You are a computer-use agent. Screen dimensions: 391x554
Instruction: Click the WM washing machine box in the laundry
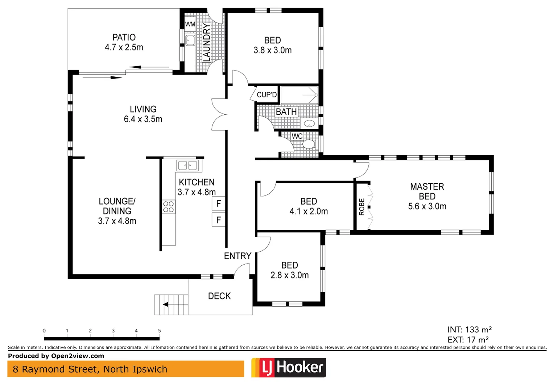coord(190,24)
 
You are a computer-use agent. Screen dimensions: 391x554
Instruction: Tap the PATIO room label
coord(124,37)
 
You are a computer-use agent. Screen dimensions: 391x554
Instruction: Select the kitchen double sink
coord(188,166)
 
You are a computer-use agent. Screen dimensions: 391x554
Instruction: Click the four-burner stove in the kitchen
coord(168,207)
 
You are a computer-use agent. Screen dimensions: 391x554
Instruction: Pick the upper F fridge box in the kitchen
coord(218,203)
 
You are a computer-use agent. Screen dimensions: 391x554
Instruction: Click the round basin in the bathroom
coord(309,124)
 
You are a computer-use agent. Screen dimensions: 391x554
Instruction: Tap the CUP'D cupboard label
coord(266,95)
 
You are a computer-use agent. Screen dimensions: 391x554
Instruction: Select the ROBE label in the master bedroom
coord(361,207)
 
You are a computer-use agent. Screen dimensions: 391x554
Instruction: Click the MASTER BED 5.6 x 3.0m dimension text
coord(427,206)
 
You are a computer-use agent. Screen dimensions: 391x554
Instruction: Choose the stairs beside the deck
coord(171,304)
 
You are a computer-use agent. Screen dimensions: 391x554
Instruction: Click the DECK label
coord(219,296)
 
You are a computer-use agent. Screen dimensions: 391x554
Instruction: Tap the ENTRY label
coord(237,256)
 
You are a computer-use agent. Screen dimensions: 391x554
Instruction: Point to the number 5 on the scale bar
coord(159,331)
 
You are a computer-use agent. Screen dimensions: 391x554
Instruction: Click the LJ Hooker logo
coord(289,367)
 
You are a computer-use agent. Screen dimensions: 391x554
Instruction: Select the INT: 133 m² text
coord(469,329)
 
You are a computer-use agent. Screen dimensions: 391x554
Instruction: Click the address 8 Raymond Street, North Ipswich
coord(90,369)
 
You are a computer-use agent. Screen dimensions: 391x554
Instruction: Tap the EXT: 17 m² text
coord(468,340)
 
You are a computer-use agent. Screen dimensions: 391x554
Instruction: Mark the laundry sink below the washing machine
coord(190,40)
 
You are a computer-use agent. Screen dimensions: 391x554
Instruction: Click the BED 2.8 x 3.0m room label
coord(289,270)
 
